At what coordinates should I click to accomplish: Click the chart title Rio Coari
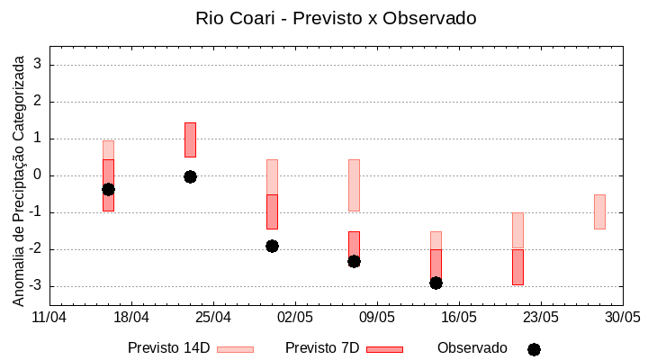tap(336, 18)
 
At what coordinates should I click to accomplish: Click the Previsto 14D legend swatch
tap(235, 349)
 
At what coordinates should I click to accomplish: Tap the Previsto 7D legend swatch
tap(384, 349)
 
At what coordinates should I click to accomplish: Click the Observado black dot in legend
tap(534, 349)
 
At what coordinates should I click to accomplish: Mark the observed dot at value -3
tap(436, 283)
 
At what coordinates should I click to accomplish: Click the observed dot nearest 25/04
tap(190, 176)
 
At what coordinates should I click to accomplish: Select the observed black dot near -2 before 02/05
tap(272, 246)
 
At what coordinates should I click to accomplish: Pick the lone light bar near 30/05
tap(599, 211)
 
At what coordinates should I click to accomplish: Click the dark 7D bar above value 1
tap(190, 139)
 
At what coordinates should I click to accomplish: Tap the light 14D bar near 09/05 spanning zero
tap(354, 184)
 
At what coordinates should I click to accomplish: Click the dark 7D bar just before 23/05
tap(517, 266)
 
